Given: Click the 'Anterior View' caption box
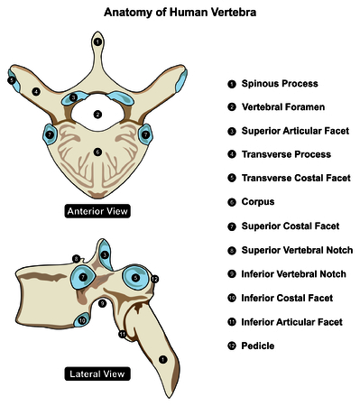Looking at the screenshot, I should pyautogui.click(x=97, y=211).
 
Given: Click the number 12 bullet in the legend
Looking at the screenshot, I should pyautogui.click(x=232, y=345).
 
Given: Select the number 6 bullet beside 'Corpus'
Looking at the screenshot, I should pyautogui.click(x=232, y=202).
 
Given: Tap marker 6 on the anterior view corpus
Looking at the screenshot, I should pyautogui.click(x=97, y=152).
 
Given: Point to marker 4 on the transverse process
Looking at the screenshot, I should pyautogui.click(x=35, y=91).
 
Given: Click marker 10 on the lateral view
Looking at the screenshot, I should pyautogui.click(x=82, y=319).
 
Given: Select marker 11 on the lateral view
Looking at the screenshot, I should pyautogui.click(x=122, y=335).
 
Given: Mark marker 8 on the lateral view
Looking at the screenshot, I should pyautogui.click(x=76, y=259).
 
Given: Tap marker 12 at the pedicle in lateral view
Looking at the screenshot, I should pyautogui.click(x=154, y=280).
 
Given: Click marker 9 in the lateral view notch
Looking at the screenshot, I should pyautogui.click(x=102, y=304).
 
